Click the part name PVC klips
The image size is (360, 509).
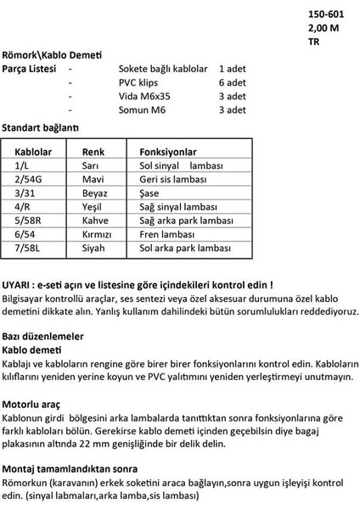pyautogui.click(x=141, y=82)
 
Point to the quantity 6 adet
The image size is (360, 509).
pyautogui.click(x=232, y=82)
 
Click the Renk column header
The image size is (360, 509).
pyautogui.click(x=93, y=150)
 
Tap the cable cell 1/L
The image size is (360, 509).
pyautogui.click(x=22, y=166)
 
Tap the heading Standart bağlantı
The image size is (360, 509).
pyautogui.click(x=40, y=126)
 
